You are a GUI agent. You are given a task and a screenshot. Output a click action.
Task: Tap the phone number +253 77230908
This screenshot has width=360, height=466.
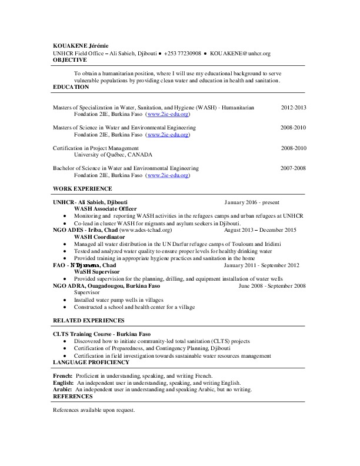(182, 53)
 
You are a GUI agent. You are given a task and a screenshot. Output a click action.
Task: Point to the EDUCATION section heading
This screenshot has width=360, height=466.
(71, 87)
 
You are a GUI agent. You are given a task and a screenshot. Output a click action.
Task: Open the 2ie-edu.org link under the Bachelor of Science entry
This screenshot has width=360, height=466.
(168, 175)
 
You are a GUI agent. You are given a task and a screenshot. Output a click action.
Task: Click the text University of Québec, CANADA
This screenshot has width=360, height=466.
(113, 155)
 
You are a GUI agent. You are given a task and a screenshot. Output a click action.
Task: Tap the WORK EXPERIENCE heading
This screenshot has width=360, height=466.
(82, 188)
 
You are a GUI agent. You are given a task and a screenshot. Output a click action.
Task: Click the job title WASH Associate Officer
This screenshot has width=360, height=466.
(105, 209)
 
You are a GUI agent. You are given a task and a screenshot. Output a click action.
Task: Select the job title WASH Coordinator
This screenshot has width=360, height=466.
(99, 237)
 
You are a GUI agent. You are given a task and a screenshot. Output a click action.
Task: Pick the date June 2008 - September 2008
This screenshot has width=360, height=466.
(272, 286)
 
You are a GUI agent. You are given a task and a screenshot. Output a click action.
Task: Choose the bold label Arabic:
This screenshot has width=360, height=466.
(62, 390)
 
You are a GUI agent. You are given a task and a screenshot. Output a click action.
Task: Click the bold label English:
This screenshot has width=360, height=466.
(63, 382)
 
